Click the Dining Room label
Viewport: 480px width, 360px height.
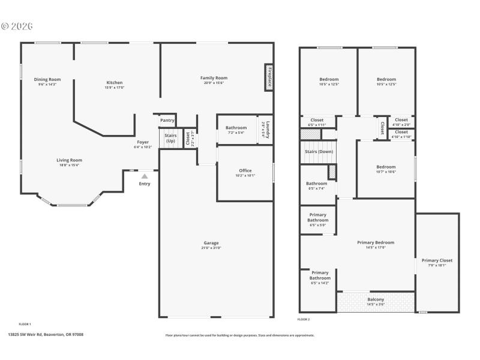point(47,79)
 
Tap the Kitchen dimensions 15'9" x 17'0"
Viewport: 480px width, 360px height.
point(115,88)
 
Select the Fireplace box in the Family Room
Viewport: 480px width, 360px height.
point(269,78)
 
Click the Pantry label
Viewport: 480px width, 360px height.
point(167,121)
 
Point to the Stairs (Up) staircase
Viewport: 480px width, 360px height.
point(170,138)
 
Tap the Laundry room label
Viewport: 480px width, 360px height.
point(268,130)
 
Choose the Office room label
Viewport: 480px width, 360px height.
point(245,170)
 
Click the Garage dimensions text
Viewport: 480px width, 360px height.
point(211,248)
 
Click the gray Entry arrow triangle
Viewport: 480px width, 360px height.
point(145,176)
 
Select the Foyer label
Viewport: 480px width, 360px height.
point(143,142)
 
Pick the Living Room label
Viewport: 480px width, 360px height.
point(69,160)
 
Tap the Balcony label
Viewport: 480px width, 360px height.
point(376,299)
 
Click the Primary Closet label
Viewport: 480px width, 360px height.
point(437,260)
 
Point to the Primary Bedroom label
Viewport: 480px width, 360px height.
point(376,242)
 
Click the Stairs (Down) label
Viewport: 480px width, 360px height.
point(319,152)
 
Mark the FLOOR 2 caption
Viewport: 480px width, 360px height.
point(304,319)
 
